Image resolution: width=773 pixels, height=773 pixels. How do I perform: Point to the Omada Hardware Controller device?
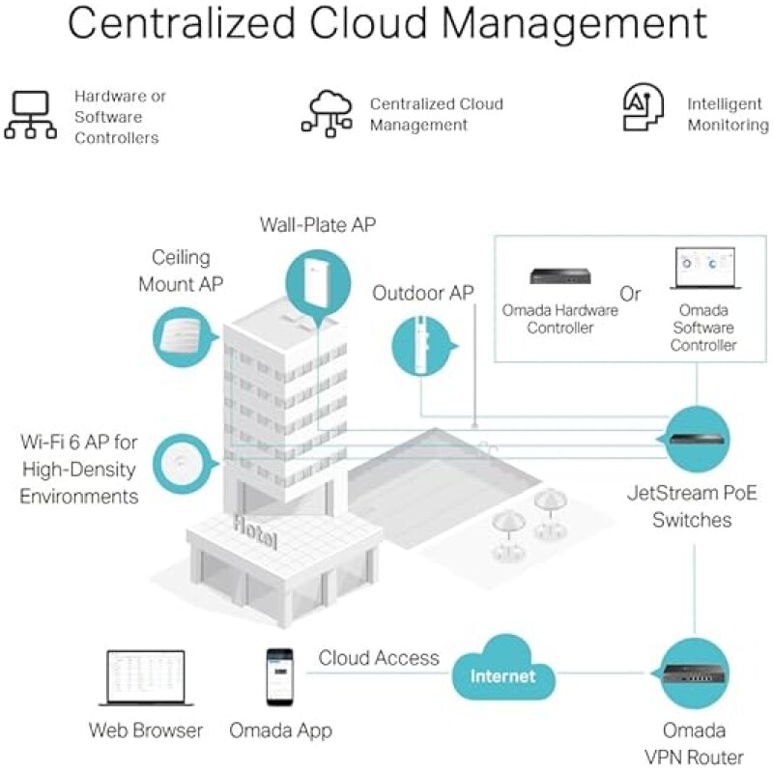click(560, 276)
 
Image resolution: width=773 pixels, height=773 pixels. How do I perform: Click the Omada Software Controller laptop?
click(704, 271)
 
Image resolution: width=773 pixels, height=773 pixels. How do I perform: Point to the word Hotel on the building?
click(255, 530)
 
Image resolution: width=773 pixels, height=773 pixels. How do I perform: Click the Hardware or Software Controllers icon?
click(31, 117)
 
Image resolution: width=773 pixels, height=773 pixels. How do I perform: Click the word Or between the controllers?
click(630, 294)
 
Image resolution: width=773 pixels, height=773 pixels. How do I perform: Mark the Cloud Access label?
click(379, 658)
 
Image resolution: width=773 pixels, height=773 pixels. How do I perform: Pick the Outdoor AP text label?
click(423, 293)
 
